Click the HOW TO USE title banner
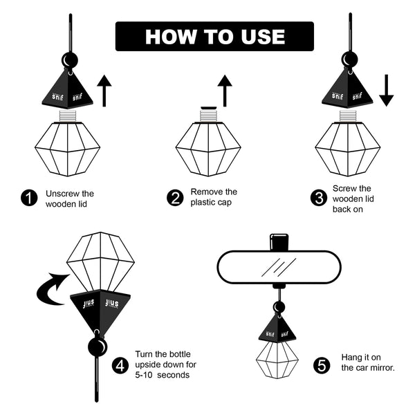click(214, 36)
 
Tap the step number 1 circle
click(29, 198)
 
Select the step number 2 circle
click(175, 198)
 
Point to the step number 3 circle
click(319, 198)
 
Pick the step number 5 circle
click(322, 365)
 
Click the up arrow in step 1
click(104, 91)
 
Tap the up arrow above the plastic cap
click(225, 91)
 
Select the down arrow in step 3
click(387, 91)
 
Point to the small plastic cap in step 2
click(209, 108)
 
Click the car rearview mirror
click(279, 267)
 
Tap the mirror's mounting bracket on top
click(279, 242)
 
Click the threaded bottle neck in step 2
click(208, 116)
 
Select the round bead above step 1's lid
click(70, 60)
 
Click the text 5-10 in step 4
click(144, 375)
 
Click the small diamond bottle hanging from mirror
click(277, 360)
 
